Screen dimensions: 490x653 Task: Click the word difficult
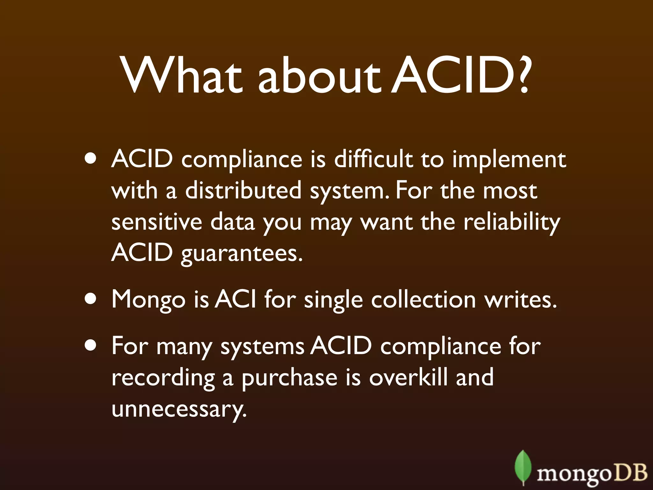(x=373, y=159)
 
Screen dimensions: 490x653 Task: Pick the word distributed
(x=243, y=190)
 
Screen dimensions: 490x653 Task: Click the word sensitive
(x=157, y=222)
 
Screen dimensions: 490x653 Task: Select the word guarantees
(x=242, y=254)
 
